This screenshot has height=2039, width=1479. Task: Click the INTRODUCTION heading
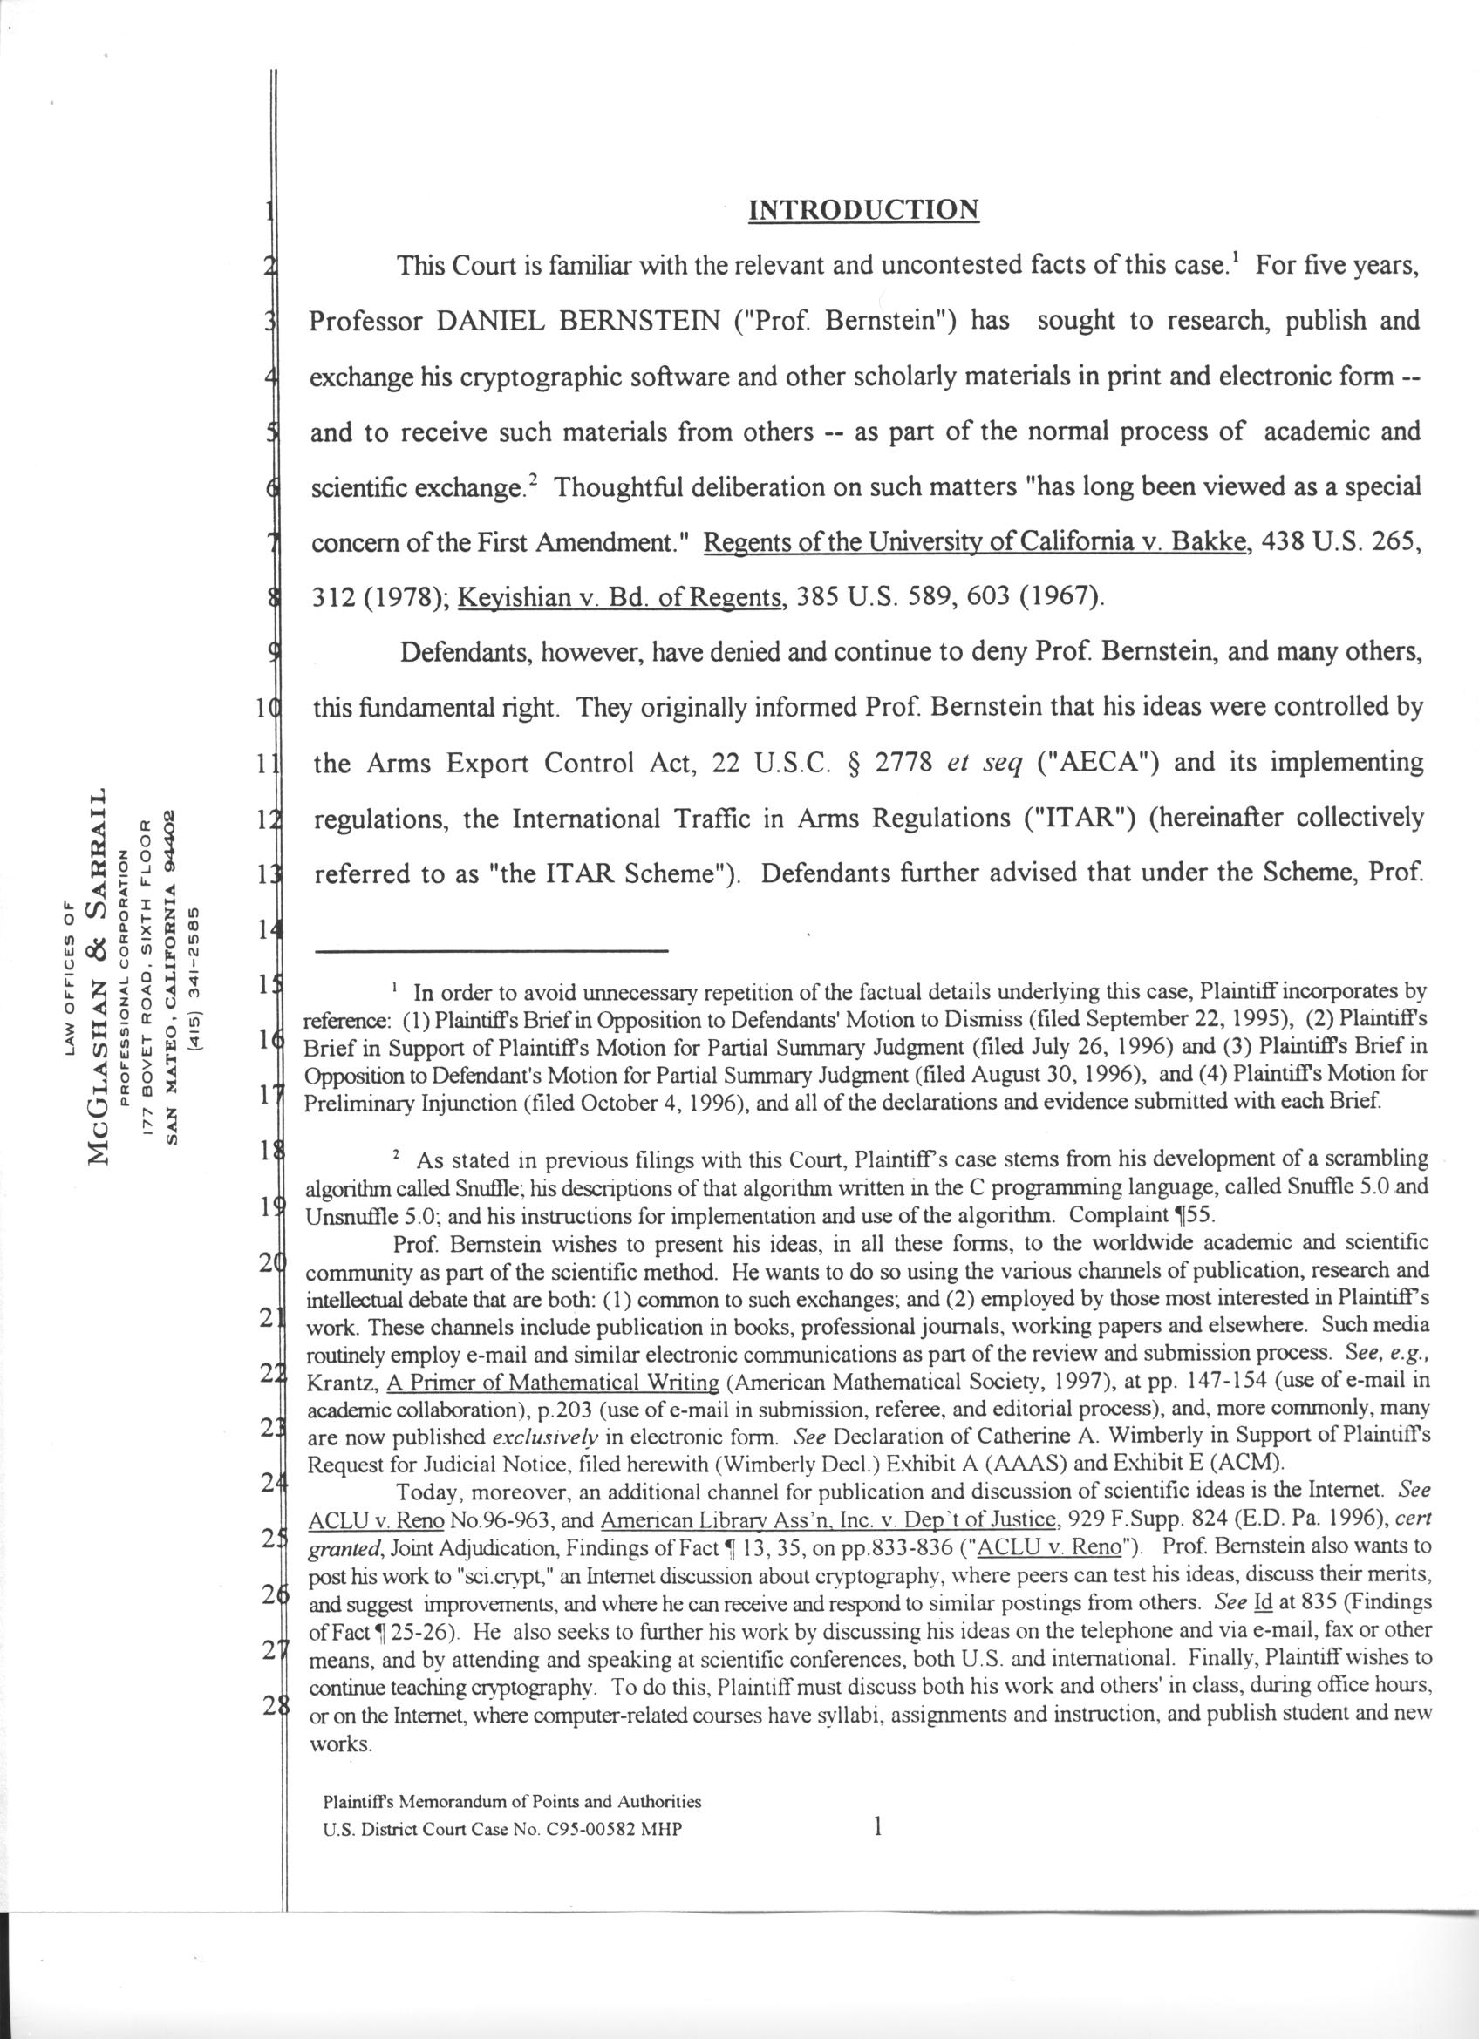click(863, 210)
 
